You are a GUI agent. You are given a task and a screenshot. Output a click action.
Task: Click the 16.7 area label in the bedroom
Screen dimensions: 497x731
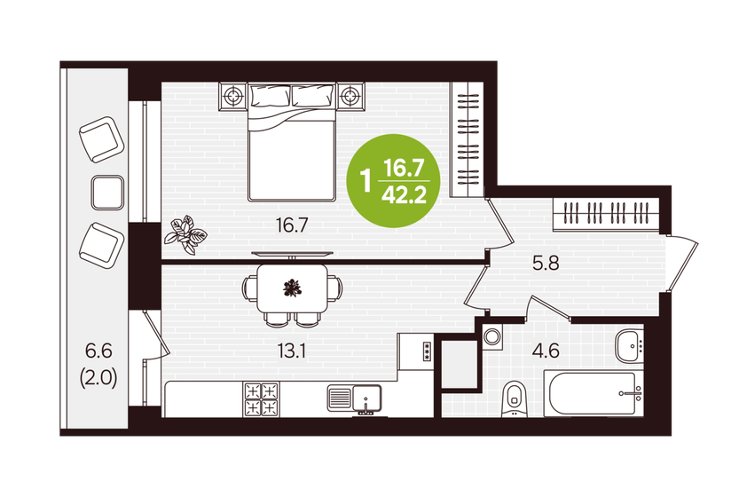click(x=291, y=225)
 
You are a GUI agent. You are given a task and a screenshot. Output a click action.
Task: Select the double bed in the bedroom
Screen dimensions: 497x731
click(x=293, y=142)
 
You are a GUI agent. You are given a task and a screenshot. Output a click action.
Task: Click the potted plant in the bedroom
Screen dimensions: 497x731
click(x=187, y=231)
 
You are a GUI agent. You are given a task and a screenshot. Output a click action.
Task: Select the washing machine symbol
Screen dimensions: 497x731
click(x=492, y=336)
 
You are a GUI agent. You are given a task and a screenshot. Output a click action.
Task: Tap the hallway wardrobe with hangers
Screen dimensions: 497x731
click(x=607, y=215)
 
